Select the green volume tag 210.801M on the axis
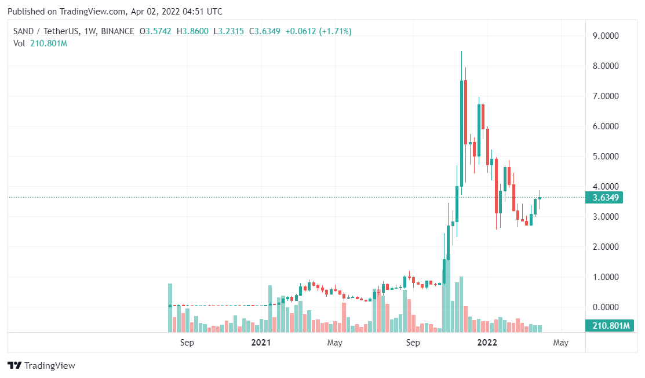[x=607, y=325]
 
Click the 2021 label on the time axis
[x=261, y=343]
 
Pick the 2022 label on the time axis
[x=487, y=343]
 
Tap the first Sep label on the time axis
[x=187, y=343]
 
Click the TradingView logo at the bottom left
[x=41, y=365]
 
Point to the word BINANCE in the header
[x=117, y=31]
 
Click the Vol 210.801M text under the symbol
[x=40, y=43]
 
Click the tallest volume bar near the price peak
[x=461, y=304]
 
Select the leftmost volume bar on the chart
[x=170, y=308]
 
